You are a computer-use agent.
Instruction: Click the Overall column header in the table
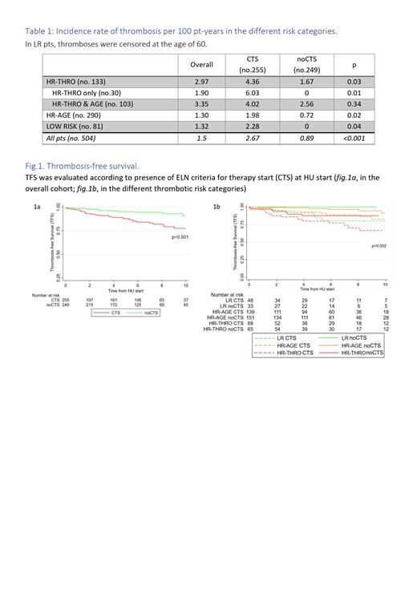(x=201, y=63)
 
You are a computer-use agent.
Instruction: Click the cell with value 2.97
(x=201, y=81)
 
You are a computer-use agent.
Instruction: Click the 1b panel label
(x=217, y=207)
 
